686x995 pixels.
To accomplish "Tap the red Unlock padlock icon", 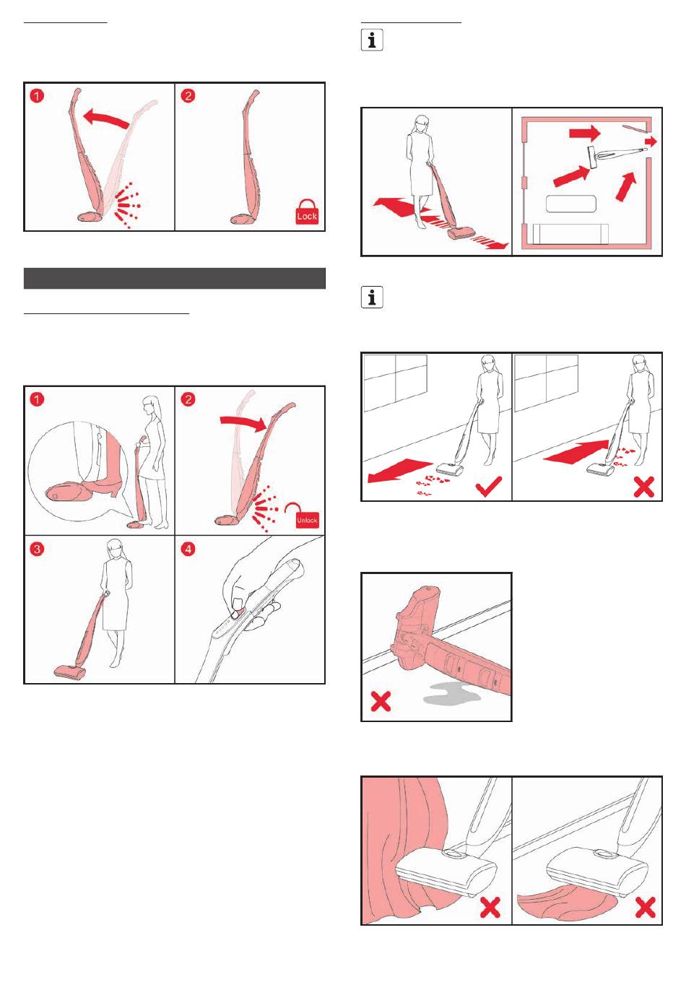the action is coord(307,516).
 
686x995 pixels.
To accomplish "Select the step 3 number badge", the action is coord(36,549).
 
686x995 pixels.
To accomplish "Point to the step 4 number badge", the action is coord(188,549).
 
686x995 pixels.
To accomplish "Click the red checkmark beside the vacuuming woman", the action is coord(488,487).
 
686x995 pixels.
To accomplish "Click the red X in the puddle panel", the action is coord(381,701).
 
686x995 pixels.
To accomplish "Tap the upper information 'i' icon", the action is coord(372,40).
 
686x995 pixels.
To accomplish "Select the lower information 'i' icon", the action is coord(372,297).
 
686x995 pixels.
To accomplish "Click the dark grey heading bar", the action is coord(175,279).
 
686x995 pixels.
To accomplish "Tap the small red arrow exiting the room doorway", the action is coord(651,142).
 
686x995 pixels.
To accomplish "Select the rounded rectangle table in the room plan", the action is coord(570,204).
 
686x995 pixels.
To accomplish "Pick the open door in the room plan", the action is coord(635,129).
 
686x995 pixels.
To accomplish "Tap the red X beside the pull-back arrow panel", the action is coord(644,487).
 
